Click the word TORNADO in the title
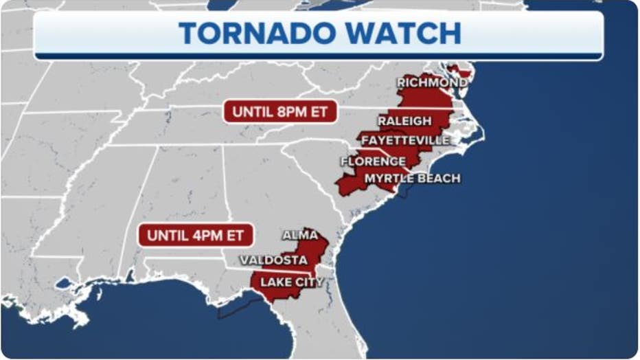[x=259, y=34]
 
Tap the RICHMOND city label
[x=432, y=82]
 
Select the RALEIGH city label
[x=404, y=121]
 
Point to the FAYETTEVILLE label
[x=405, y=140]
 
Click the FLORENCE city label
[x=373, y=161]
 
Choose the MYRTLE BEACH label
[x=412, y=178]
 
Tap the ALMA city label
[x=300, y=235]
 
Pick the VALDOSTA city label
[x=273, y=260]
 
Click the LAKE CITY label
[x=291, y=282]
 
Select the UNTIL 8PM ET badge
[x=280, y=111]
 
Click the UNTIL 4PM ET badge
[x=196, y=235]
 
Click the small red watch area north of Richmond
[x=453, y=69]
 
